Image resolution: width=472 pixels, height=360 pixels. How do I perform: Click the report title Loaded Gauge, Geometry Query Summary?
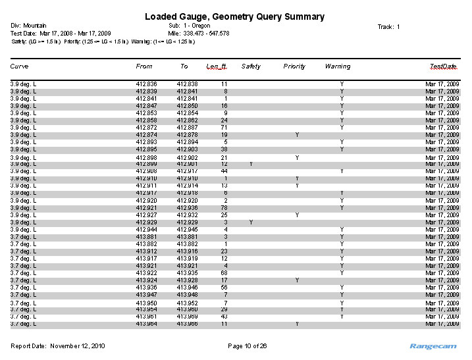point(234,16)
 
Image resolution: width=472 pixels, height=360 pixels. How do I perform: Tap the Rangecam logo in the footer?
point(433,346)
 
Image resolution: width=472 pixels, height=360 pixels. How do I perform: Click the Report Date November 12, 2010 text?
point(58,346)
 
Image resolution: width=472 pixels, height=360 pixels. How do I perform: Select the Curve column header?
point(19,66)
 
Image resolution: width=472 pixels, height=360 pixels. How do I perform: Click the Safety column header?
point(251,66)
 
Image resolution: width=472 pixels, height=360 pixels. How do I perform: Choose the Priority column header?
point(294,66)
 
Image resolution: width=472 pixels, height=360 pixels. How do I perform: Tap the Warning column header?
point(338,66)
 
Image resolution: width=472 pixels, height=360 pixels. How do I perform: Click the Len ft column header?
point(217,66)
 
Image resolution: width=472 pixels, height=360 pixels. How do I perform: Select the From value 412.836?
point(146,84)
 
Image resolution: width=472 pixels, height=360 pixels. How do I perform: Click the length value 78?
point(224,208)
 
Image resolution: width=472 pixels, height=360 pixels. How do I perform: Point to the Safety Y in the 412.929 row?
point(251,222)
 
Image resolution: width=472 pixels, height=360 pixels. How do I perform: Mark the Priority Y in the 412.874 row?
point(298,135)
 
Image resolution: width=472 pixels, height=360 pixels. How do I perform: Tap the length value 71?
point(224,128)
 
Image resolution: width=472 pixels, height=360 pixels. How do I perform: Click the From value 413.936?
point(146,288)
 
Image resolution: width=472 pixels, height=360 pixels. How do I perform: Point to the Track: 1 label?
point(388,27)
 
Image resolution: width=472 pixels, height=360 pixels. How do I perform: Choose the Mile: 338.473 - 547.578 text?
point(198,34)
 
